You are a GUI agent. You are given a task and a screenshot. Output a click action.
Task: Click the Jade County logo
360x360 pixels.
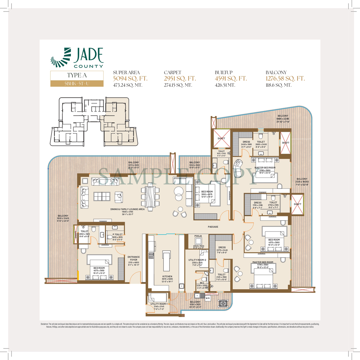(x=77, y=58)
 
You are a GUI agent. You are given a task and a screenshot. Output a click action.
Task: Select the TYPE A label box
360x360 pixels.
(x=77, y=76)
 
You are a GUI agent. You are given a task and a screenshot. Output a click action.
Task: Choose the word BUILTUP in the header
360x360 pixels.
(x=224, y=72)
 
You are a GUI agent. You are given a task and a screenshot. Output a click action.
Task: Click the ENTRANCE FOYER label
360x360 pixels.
(x=134, y=258)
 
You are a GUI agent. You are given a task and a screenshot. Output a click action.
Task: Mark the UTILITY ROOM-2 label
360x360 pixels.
(x=197, y=260)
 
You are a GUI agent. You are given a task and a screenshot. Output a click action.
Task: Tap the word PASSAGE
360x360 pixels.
(x=213, y=227)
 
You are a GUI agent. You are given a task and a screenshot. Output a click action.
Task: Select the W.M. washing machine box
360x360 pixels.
(x=208, y=298)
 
